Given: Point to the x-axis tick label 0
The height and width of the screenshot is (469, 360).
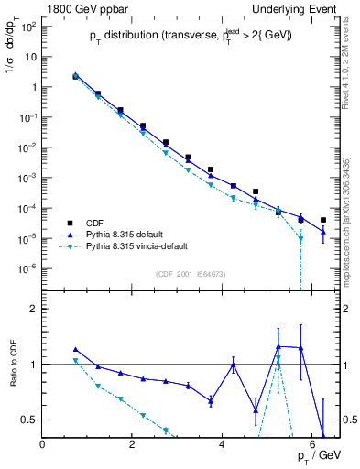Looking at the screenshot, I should click(x=43, y=444).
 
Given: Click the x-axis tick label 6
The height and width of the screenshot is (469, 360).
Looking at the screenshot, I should click(x=312, y=444).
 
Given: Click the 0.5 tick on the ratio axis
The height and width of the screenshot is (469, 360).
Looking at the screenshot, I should click(x=29, y=420).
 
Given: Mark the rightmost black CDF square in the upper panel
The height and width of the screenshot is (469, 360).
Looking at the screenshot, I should click(x=323, y=220).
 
